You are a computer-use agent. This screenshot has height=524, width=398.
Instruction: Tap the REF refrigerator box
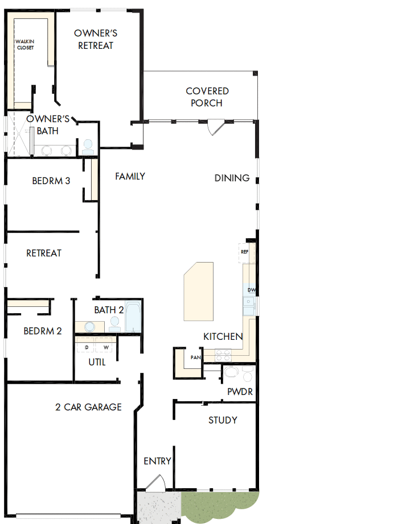coord(245,252)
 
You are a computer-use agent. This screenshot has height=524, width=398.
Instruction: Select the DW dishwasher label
coord(251,290)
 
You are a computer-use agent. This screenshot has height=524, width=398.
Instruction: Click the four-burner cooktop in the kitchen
coord(223,355)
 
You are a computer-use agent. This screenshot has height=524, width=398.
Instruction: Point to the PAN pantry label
coord(195,357)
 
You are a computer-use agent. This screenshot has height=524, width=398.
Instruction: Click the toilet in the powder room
coord(248,375)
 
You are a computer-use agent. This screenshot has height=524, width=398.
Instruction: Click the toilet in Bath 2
coord(114,324)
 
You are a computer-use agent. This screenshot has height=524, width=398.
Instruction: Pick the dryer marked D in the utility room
coord(86,347)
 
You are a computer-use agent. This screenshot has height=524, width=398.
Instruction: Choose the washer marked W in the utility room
coord(105,347)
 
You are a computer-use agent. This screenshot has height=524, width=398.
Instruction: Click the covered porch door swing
coord(216,127)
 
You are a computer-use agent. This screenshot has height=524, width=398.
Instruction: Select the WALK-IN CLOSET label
coord(24,44)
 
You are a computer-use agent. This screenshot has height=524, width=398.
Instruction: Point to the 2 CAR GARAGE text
coord(88,407)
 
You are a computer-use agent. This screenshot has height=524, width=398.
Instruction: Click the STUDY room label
coord(223,421)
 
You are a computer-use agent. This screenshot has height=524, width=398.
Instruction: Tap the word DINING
coord(232,178)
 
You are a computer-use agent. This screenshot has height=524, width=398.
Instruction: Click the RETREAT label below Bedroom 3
coord(44,253)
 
